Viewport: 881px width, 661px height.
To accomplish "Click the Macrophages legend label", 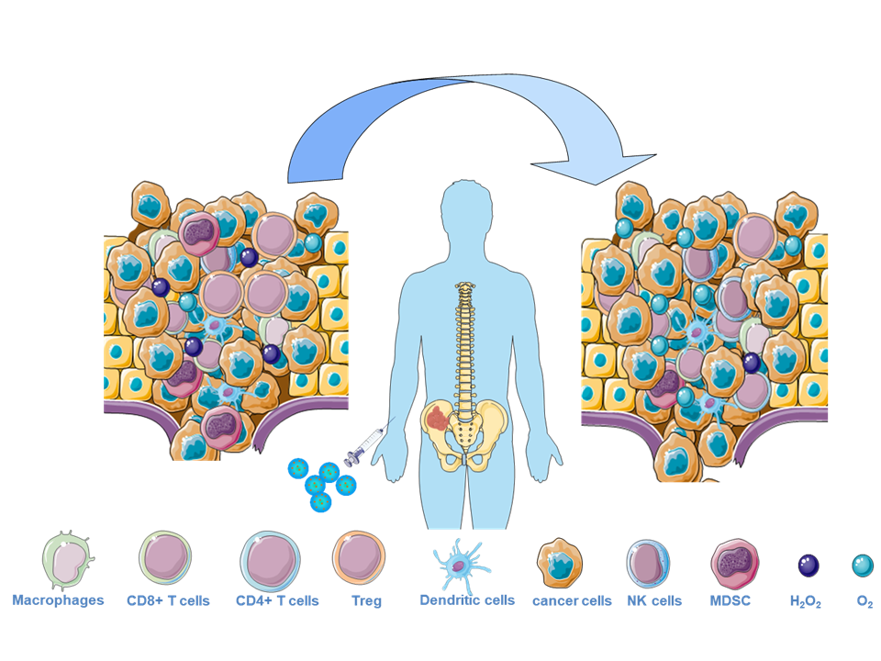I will point(58,601).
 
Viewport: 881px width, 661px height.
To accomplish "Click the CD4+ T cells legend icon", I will point(270,561).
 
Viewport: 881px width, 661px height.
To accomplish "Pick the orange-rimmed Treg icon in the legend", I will point(360,559).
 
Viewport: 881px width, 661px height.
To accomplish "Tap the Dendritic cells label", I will point(467,600).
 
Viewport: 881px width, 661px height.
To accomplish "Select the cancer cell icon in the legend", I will point(561,563).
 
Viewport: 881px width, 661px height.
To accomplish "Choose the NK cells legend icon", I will point(648,563).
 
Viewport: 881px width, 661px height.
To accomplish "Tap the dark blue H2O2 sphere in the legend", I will point(808,566).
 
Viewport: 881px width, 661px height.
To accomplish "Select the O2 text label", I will point(864,603).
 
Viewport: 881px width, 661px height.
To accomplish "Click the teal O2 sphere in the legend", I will point(863,566).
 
